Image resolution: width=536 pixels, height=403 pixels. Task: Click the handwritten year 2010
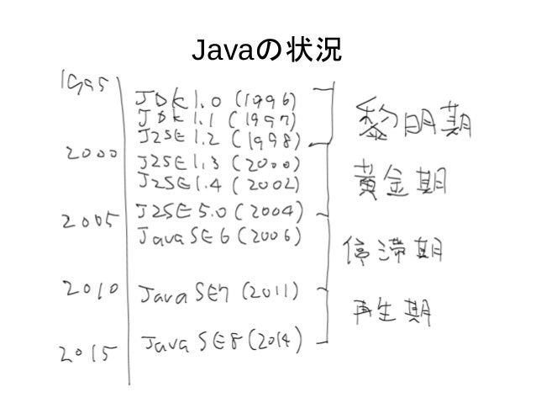[93, 290]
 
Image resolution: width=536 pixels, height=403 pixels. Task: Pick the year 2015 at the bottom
[88, 353]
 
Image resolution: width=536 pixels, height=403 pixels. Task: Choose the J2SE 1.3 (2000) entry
[222, 161]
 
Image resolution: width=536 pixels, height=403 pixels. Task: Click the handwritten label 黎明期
[413, 122]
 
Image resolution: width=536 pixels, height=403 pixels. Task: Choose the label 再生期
[394, 312]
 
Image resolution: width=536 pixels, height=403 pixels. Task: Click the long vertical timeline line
[129, 252]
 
